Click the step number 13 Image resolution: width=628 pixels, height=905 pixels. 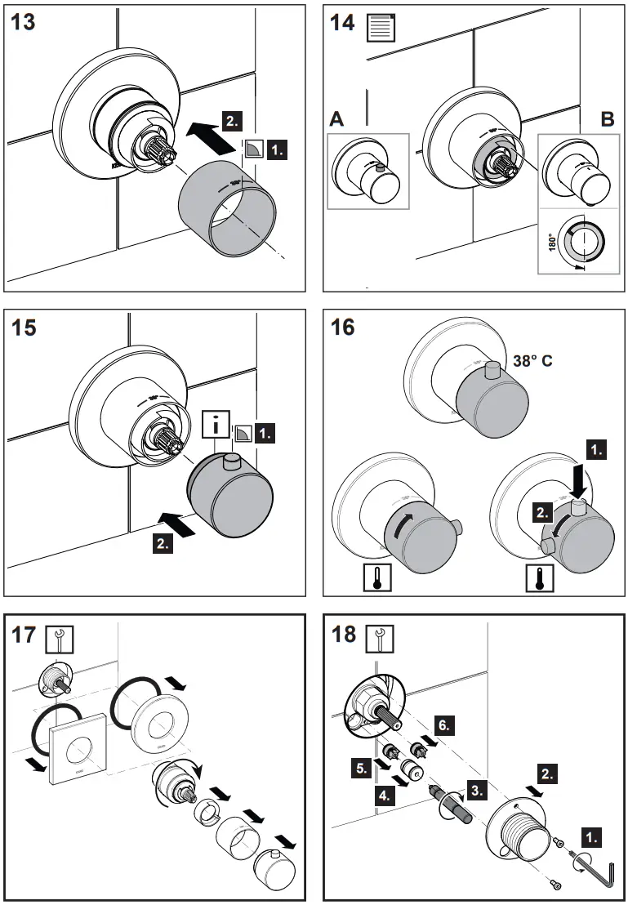coord(23,21)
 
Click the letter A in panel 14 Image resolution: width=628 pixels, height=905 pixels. coord(336,119)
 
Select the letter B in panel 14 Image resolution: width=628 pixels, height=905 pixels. coord(606,119)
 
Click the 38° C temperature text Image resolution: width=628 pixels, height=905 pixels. coord(532,360)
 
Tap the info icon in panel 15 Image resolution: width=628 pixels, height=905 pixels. coord(215,426)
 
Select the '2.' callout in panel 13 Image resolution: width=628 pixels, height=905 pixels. coord(232,120)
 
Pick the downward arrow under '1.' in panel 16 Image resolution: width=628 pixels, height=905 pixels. coord(580,480)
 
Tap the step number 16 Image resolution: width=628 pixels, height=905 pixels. coord(343,328)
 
